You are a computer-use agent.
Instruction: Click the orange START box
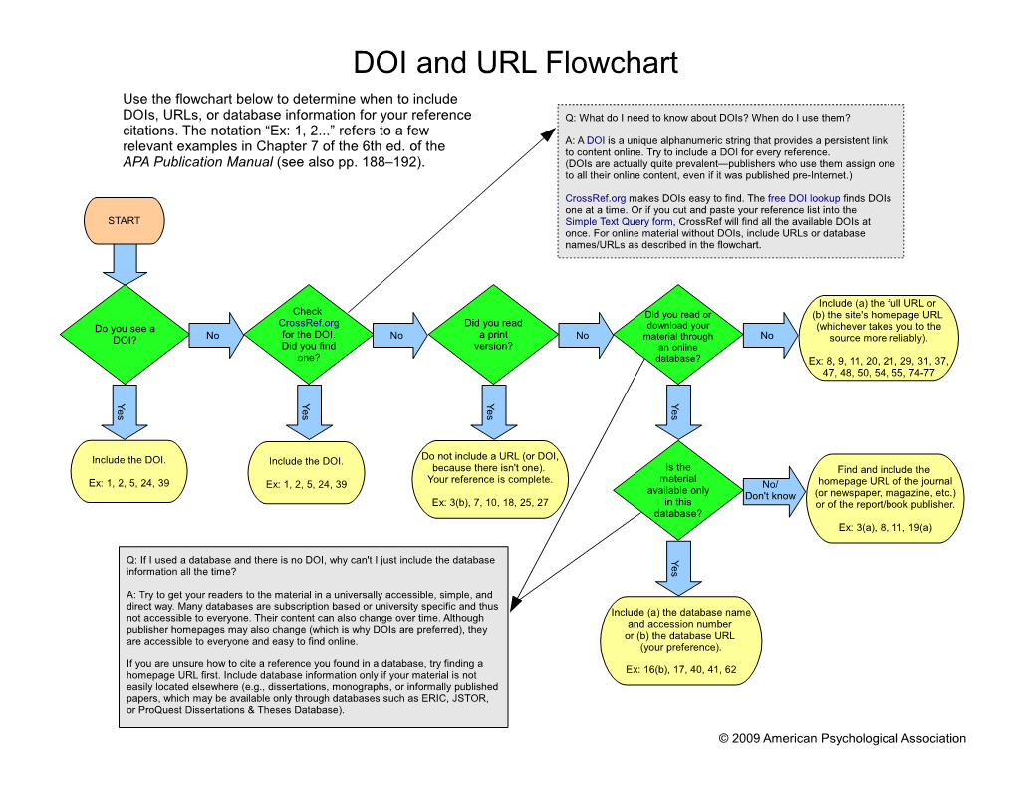click(125, 220)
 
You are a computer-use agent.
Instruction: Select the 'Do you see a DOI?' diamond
click(125, 335)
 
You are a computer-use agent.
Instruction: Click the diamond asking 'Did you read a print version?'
click(492, 335)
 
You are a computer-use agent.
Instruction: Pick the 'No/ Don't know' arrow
click(773, 490)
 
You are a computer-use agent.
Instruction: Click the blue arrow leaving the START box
click(125, 264)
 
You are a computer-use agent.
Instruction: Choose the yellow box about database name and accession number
click(681, 641)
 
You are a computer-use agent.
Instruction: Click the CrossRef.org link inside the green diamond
click(309, 323)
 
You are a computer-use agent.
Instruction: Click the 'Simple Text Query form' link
click(613, 221)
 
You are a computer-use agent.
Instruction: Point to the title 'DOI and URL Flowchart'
click(515, 63)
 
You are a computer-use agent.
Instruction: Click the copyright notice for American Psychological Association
click(842, 738)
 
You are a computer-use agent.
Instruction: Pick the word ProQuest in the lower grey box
click(160, 710)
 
